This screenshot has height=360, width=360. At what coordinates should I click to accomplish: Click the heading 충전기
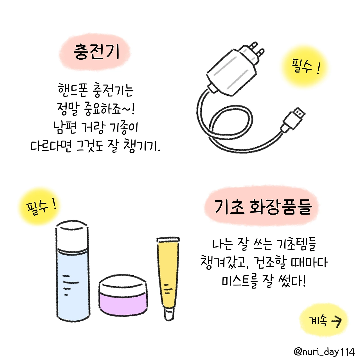(96, 52)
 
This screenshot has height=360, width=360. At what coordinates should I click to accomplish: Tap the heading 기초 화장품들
(263, 207)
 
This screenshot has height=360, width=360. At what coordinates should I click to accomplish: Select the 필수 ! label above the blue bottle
(41, 207)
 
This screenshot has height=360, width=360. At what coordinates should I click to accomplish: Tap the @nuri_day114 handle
(324, 352)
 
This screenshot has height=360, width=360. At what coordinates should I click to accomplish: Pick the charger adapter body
(232, 73)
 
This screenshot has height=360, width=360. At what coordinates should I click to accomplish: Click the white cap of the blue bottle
(72, 235)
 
